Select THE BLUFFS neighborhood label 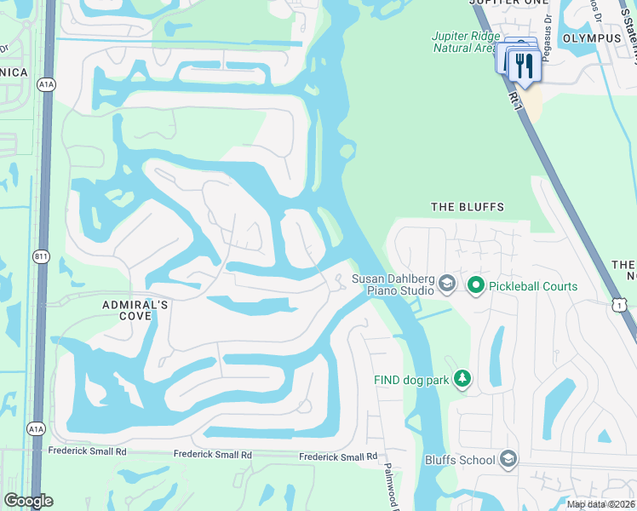468,207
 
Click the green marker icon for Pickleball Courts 476,286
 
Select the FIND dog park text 411,380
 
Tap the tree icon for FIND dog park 462,378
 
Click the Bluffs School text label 460,461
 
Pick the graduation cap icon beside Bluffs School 508,461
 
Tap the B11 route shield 41,255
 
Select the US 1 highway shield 619,304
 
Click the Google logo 28,502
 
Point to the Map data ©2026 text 600,504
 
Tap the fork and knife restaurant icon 522,64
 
